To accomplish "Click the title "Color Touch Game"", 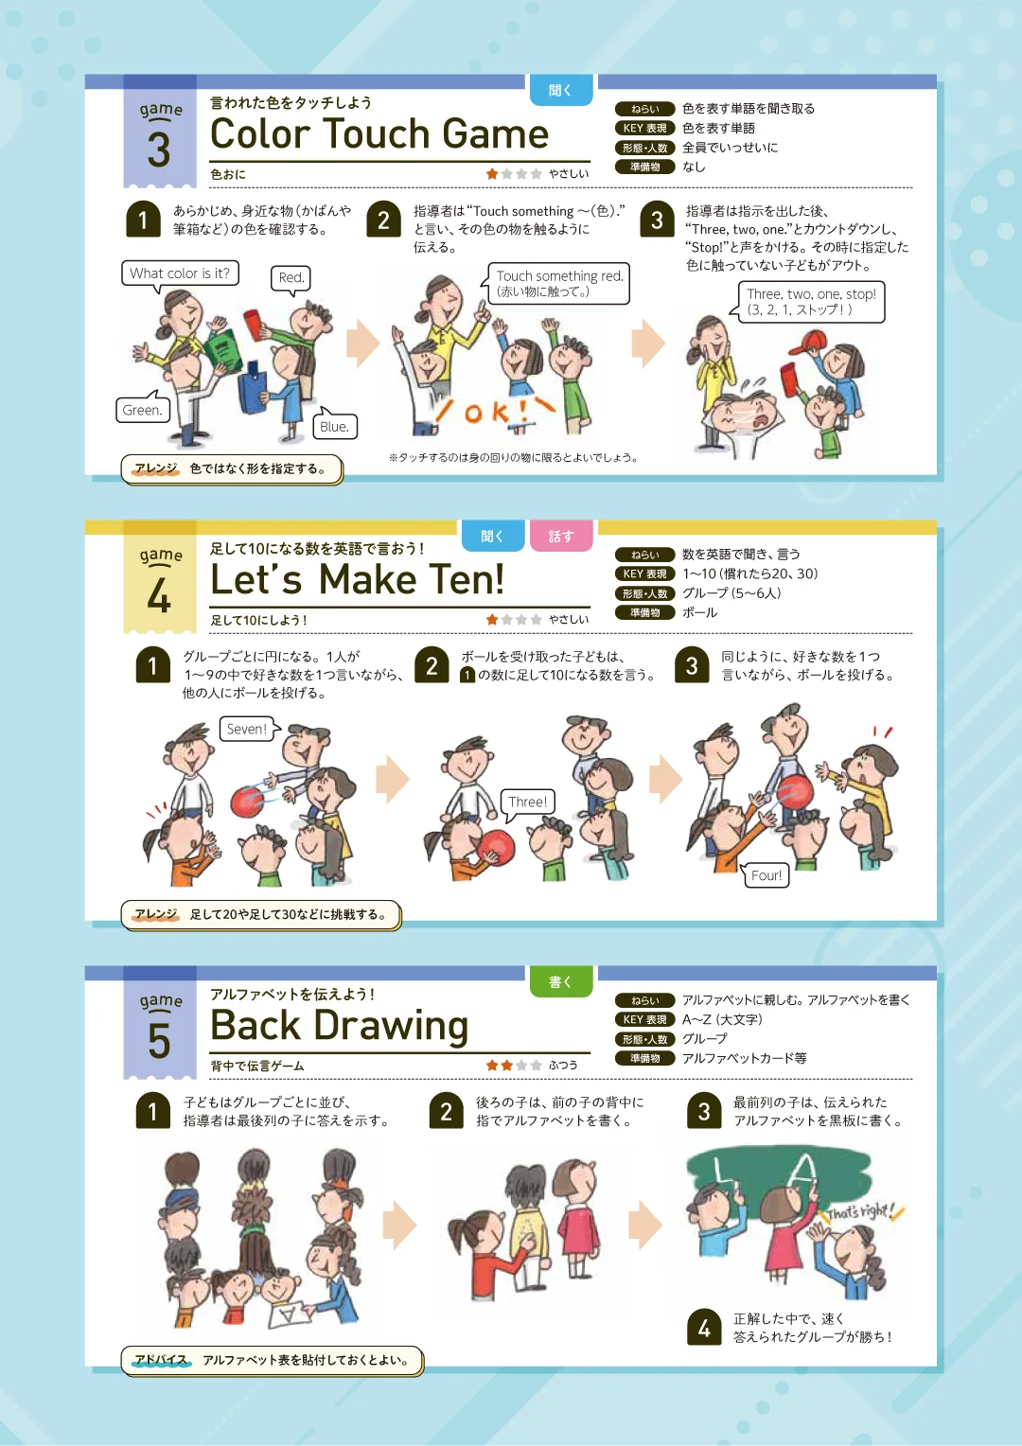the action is click(379, 133).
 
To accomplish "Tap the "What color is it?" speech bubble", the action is click(180, 273).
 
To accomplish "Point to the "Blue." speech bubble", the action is click(334, 426).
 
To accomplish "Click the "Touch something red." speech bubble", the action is click(558, 283).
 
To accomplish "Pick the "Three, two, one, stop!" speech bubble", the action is click(811, 302).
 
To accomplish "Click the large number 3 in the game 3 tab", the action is click(159, 150).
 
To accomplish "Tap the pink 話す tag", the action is click(560, 536).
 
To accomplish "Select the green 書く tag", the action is click(560, 982).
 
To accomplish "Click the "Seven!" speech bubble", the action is click(247, 729).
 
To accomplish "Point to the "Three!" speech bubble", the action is click(527, 802).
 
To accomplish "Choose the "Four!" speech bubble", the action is click(766, 874).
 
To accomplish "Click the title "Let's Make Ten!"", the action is click(357, 579).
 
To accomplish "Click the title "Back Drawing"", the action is click(340, 1026).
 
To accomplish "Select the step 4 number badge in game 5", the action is click(704, 1327).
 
